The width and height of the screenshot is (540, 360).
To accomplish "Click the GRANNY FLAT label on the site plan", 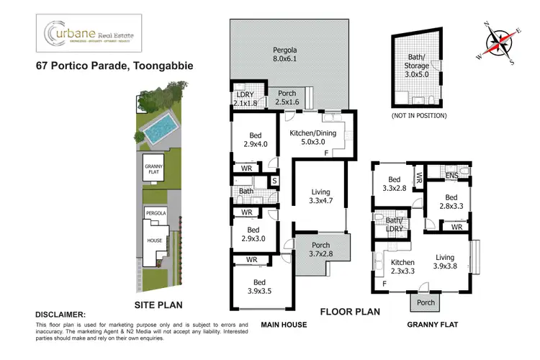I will point(153,170).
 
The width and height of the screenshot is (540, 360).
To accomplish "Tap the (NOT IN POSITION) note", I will point(418,115).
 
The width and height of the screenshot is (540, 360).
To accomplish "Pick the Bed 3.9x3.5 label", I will point(257,286).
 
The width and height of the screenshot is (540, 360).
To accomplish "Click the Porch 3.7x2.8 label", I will point(322,250).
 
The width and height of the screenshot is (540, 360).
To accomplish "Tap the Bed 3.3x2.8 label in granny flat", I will point(393,184).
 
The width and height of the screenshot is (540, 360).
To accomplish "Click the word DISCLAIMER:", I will point(60,315).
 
